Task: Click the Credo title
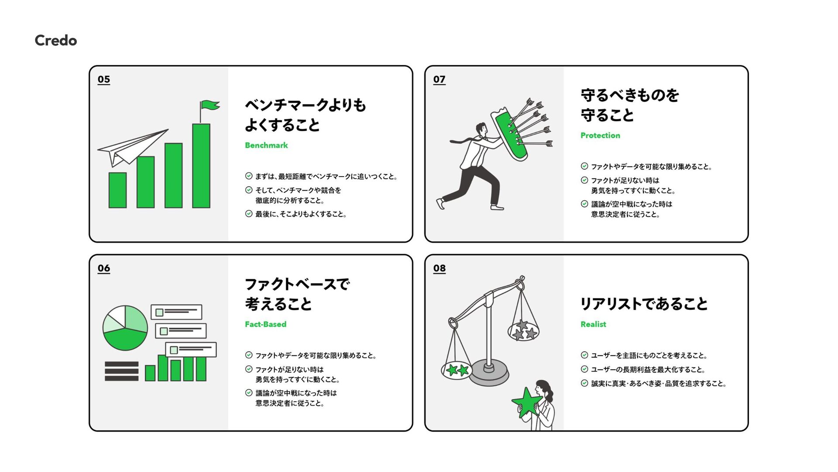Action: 56,41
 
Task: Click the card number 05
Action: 104,80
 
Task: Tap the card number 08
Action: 440,268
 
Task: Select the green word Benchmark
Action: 266,146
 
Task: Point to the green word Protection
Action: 600,135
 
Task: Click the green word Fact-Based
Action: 265,324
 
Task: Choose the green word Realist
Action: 593,324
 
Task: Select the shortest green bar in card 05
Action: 117,190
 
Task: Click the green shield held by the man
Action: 510,135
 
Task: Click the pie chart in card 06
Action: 125,328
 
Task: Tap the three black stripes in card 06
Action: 121,371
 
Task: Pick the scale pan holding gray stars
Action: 523,331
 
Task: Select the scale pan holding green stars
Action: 457,371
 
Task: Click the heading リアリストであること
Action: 644,304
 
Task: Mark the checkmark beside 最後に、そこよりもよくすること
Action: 249,214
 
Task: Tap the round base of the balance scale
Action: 489,372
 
